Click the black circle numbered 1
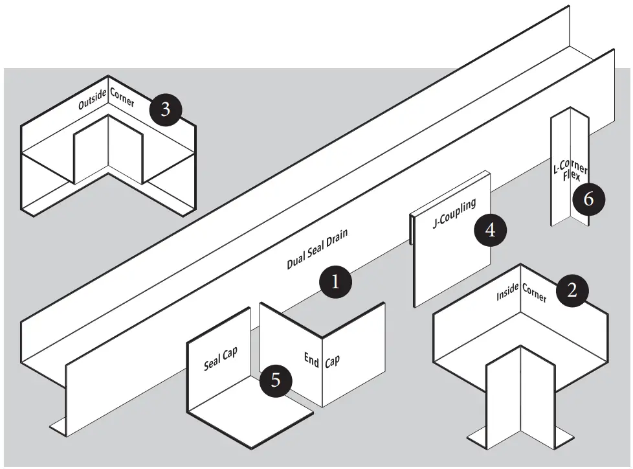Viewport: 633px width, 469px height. [335, 282]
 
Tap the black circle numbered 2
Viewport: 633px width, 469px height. [572, 290]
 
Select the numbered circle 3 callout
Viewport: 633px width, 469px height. [165, 109]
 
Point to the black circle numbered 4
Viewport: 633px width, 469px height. [490, 230]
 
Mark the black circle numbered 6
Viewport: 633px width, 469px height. [588, 199]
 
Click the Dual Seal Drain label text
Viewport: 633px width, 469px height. [317, 249]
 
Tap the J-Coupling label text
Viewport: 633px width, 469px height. [454, 214]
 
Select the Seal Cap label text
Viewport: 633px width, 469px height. [221, 358]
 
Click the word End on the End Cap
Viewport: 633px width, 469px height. [311, 358]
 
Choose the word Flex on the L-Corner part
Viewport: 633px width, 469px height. [572, 175]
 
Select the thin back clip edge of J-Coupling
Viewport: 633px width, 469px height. [411, 230]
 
